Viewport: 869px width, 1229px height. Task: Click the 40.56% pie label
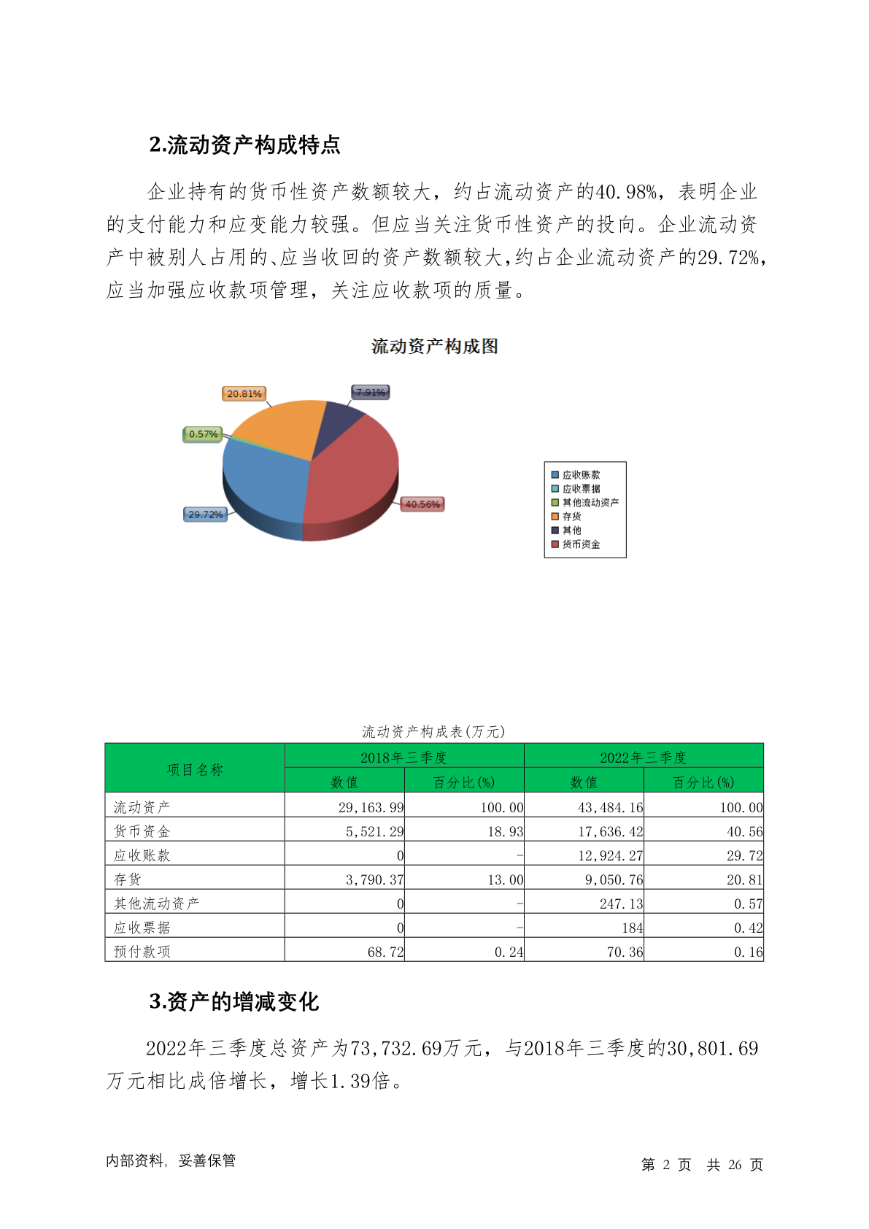click(x=422, y=504)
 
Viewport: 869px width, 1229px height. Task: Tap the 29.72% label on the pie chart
click(x=205, y=515)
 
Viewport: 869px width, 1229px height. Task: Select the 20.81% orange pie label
click(x=244, y=393)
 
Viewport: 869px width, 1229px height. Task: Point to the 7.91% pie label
click(x=371, y=393)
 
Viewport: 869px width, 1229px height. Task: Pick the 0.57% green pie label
click(x=203, y=434)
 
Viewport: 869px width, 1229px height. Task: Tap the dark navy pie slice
click(x=340, y=419)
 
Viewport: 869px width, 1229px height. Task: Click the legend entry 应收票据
click(x=581, y=489)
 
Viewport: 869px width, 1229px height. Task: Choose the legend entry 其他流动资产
click(x=590, y=503)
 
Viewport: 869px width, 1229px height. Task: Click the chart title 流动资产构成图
click(x=435, y=347)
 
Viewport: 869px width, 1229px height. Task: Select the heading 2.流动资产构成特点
click(x=245, y=145)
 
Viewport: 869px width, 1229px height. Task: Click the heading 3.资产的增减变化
click(x=234, y=1002)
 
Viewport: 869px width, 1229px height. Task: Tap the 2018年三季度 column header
click(x=403, y=758)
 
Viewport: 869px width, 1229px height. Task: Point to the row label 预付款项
click(x=142, y=952)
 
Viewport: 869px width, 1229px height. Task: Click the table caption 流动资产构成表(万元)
click(x=433, y=731)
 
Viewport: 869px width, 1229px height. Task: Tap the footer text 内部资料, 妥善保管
click(x=171, y=1160)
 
